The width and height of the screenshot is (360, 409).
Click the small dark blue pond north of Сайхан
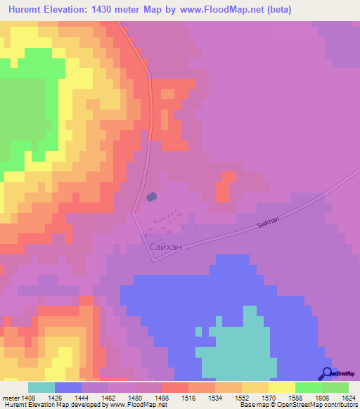point(151,197)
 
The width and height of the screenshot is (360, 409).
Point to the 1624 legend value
point(348,377)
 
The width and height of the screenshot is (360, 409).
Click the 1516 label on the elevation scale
point(188,377)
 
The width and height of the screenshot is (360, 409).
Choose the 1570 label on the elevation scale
point(268,377)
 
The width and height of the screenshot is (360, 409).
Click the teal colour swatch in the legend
point(41,387)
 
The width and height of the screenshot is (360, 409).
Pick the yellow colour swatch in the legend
point(282,387)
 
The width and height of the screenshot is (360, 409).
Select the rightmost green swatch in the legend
point(335,387)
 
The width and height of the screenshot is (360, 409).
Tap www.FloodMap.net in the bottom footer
point(136,405)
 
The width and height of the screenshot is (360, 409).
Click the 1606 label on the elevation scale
point(321,377)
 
